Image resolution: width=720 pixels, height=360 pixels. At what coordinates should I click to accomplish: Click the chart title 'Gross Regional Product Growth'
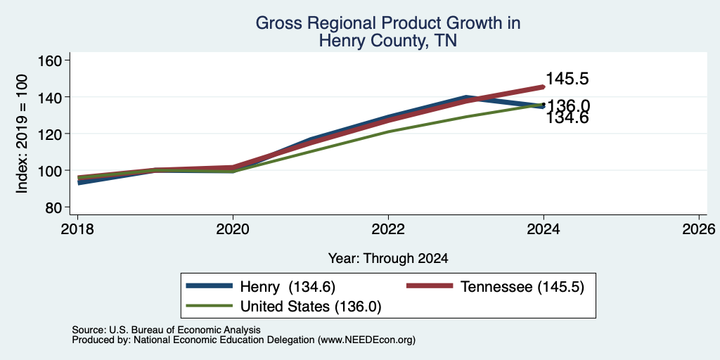click(x=387, y=23)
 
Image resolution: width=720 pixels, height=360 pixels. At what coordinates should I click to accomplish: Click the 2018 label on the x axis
click(x=77, y=229)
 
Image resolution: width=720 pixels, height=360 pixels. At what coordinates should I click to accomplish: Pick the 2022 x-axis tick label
click(x=388, y=229)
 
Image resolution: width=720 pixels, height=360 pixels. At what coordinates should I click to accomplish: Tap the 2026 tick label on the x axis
click(x=699, y=229)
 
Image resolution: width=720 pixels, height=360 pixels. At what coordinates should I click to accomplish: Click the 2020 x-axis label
click(x=233, y=229)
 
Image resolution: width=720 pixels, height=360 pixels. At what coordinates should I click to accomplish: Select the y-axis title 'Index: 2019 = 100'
click(x=22, y=134)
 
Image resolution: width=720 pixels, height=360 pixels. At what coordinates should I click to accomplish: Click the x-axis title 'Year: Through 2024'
click(x=388, y=259)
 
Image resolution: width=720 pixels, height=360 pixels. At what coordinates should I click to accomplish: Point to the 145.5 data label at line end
click(x=567, y=79)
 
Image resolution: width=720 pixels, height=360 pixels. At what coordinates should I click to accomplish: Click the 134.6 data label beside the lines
click(x=567, y=118)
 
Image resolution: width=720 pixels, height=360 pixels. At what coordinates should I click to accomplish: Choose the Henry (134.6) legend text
click(x=288, y=287)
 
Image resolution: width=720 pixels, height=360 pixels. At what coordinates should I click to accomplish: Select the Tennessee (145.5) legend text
click(x=522, y=287)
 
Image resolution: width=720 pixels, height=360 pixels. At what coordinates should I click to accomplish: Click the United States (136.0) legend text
click(x=311, y=307)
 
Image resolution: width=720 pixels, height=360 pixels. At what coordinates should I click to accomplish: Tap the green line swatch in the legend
click(x=209, y=305)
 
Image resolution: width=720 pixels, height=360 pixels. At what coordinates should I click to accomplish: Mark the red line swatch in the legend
click(x=430, y=285)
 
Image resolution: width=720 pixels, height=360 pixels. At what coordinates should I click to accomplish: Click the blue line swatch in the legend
click(x=209, y=285)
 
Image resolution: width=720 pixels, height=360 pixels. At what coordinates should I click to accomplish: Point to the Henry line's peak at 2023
click(x=466, y=98)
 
